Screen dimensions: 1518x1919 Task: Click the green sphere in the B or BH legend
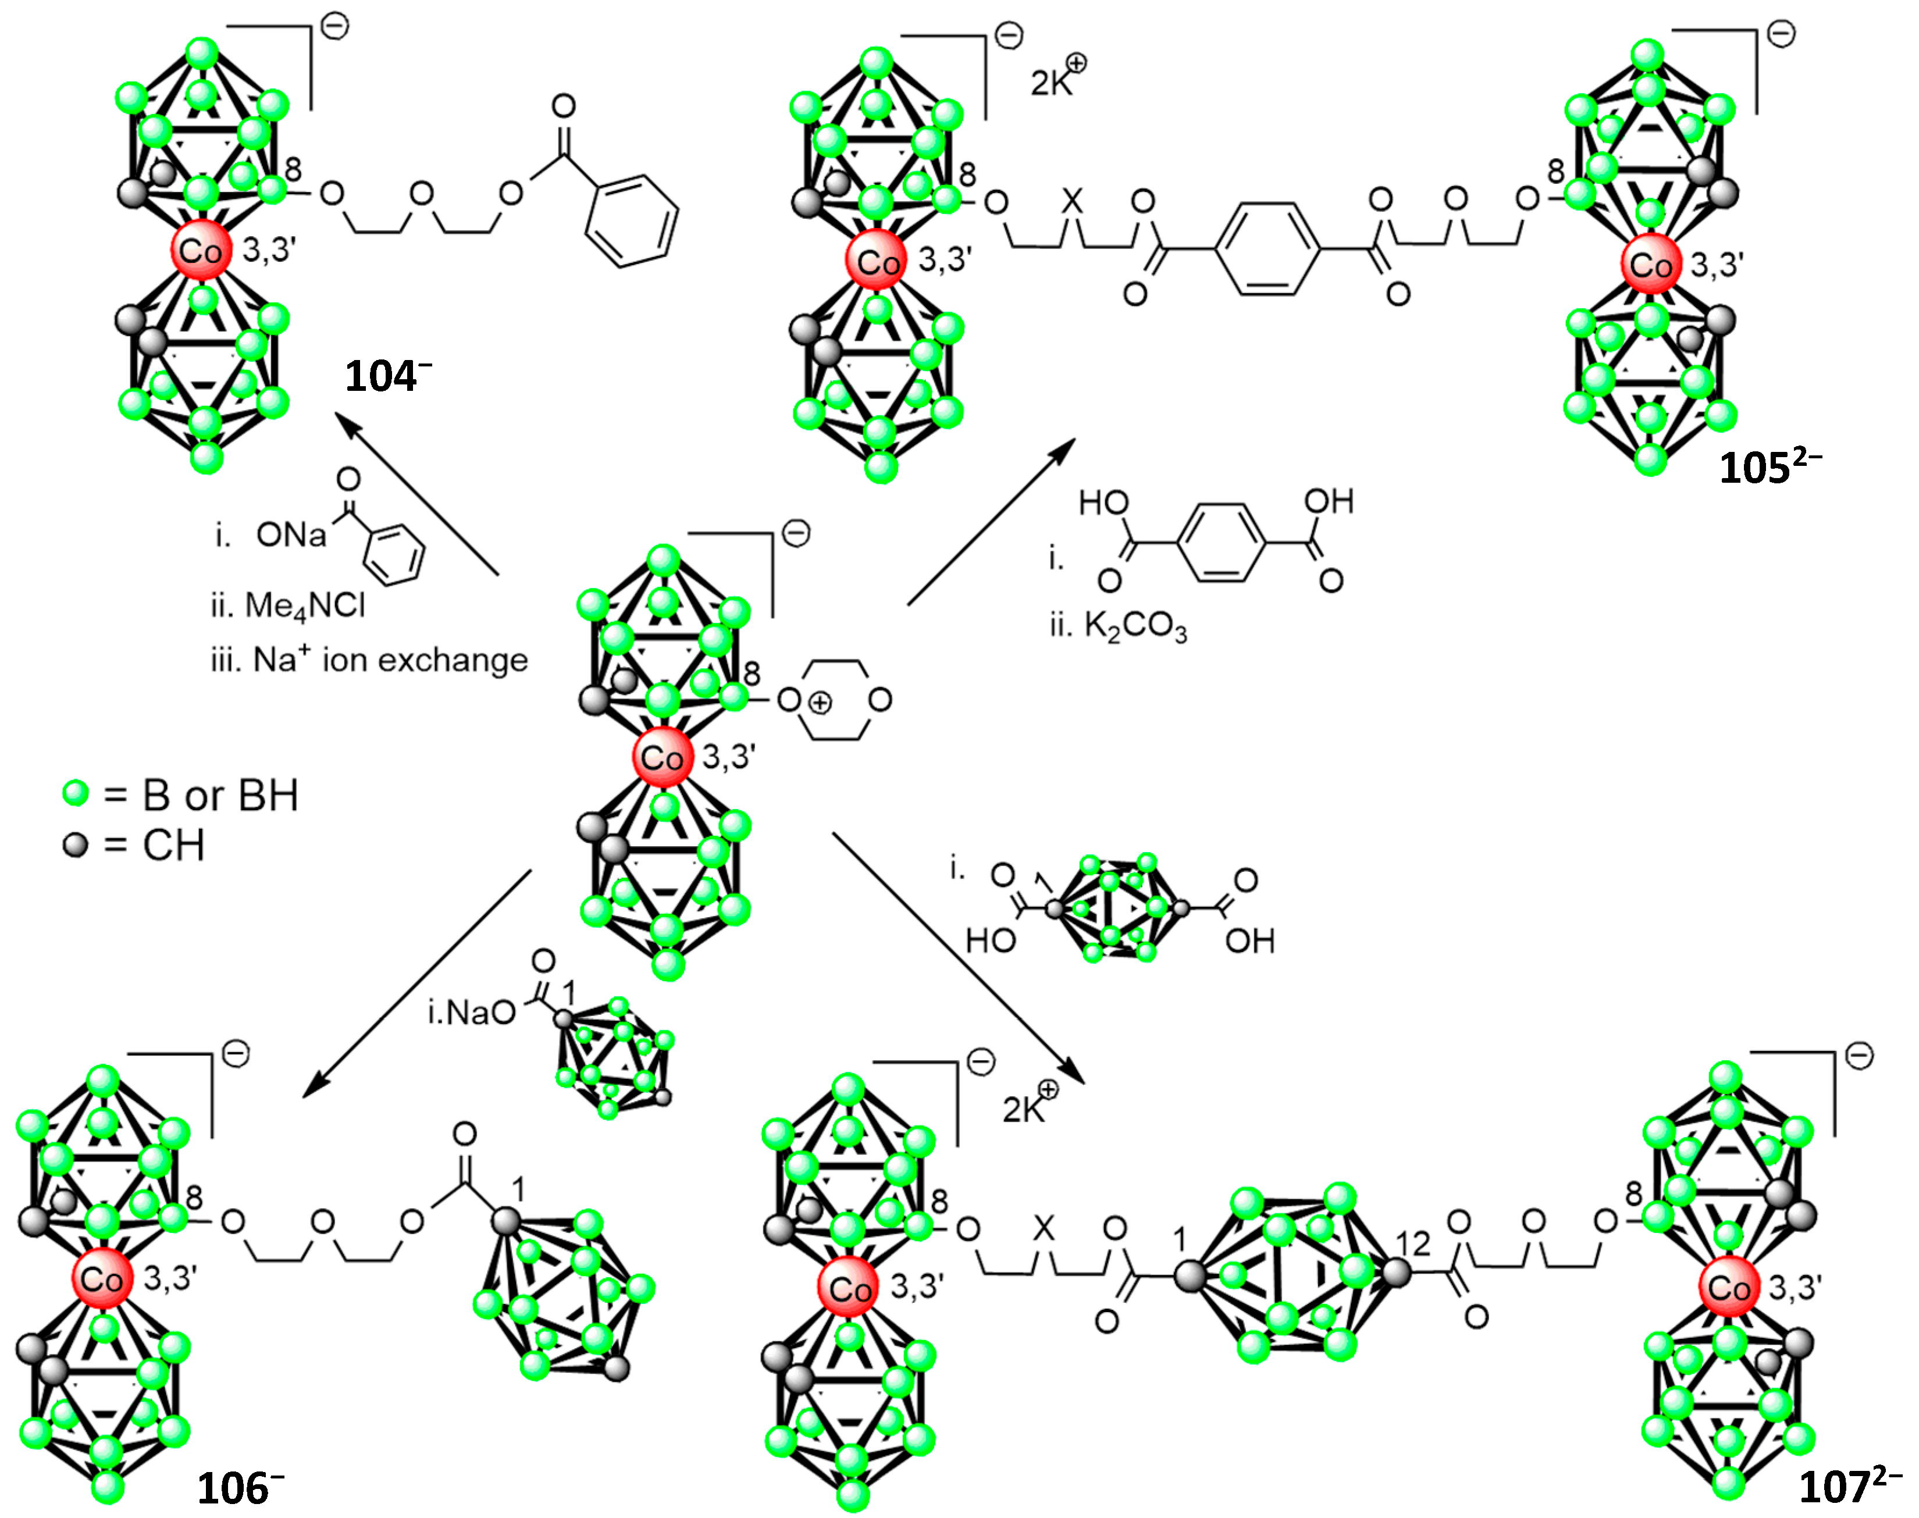[x=76, y=793]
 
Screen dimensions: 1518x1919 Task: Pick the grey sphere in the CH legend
[x=76, y=844]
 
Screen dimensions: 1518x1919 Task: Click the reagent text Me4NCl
[x=304, y=606]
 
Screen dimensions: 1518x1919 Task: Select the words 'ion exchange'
[x=425, y=660]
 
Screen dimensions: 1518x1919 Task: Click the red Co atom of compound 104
[x=201, y=251]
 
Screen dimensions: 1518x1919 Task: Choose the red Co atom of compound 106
[x=101, y=1280]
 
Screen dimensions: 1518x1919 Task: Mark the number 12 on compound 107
[x=1414, y=1244]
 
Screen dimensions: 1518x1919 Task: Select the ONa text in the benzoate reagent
[x=291, y=535]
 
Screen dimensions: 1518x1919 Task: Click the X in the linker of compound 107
[x=1044, y=1228]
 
